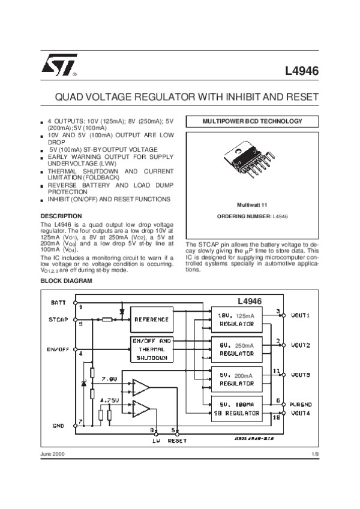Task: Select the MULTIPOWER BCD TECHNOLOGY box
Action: click(252, 122)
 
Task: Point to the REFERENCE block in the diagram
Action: click(151, 320)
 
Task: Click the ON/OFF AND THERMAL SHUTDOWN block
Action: click(151, 349)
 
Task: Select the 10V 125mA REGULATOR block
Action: click(236, 319)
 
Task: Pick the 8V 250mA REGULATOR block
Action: click(236, 350)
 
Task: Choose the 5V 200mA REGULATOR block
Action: click(236, 379)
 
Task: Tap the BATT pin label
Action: click(58, 302)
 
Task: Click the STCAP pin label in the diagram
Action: click(58, 320)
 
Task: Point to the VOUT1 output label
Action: click(301, 315)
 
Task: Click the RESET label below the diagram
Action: click(177, 441)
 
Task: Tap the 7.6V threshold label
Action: click(110, 380)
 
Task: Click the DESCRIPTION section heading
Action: click(61, 216)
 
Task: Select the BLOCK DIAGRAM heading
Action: click(66, 281)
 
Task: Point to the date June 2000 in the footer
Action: click(53, 454)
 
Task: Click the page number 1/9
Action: click(315, 454)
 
